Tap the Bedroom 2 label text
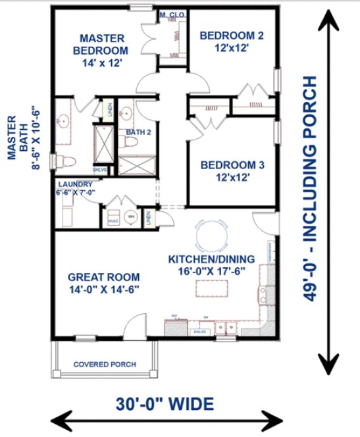click(x=232, y=41)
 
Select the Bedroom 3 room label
click(x=232, y=170)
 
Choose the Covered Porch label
click(x=105, y=364)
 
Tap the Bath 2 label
click(x=139, y=132)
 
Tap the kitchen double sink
click(x=227, y=327)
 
